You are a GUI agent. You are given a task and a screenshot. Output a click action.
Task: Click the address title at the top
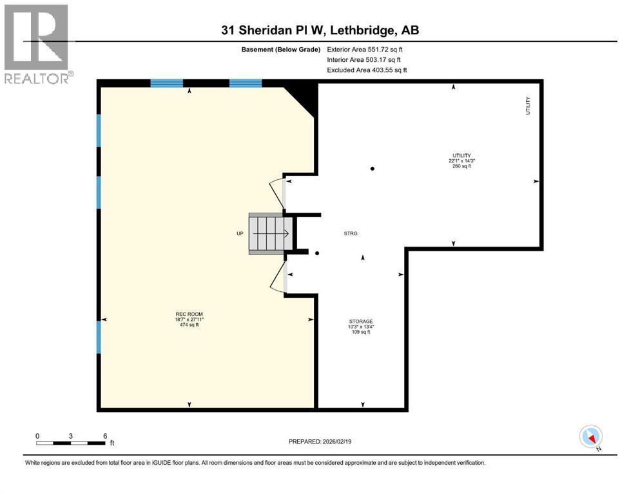(320, 30)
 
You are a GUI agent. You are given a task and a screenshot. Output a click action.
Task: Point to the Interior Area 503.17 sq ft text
(365, 59)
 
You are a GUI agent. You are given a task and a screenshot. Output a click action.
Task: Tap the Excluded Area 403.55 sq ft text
(367, 70)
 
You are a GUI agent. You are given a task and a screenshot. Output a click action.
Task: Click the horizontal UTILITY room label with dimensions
(461, 160)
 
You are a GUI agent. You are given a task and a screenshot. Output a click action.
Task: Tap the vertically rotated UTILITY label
(527, 106)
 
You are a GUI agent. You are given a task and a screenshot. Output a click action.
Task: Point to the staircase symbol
(267, 233)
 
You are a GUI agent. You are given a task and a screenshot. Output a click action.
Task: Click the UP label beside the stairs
(240, 233)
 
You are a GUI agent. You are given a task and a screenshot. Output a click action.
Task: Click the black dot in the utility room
(373, 169)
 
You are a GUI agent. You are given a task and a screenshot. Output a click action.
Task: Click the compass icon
(591, 437)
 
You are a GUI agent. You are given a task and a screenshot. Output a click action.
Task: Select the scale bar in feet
(71, 442)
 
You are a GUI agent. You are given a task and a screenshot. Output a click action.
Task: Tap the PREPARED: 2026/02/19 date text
(320, 442)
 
